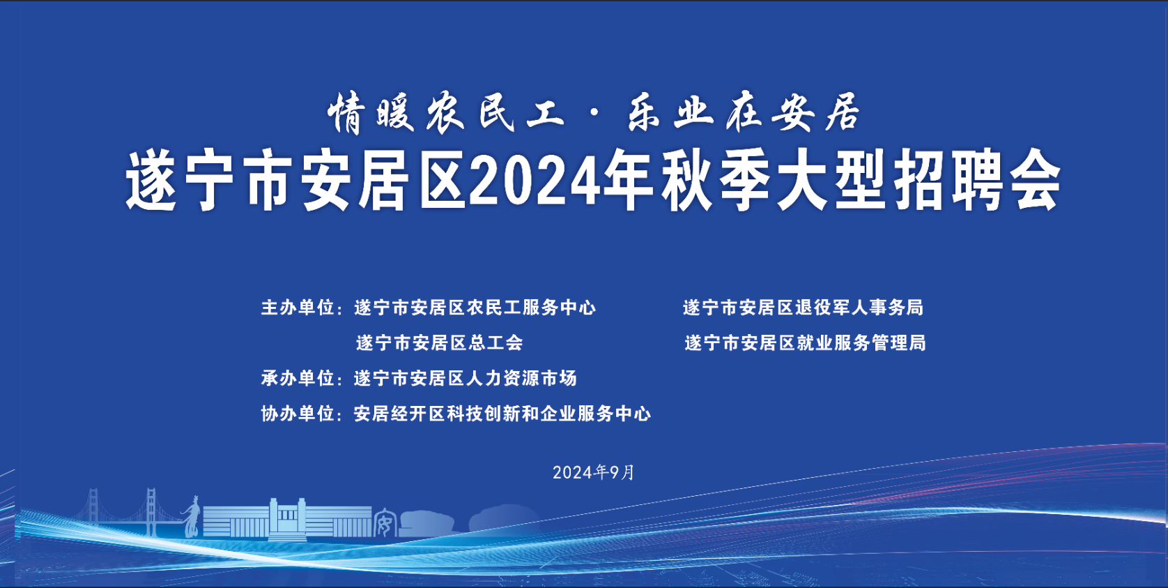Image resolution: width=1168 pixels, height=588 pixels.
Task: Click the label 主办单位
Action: click(x=297, y=308)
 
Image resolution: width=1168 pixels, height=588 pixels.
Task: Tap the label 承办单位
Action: click(x=297, y=378)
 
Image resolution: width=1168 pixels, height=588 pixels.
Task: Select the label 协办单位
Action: click(x=297, y=414)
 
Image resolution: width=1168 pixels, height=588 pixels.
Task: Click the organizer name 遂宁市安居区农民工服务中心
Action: click(x=475, y=308)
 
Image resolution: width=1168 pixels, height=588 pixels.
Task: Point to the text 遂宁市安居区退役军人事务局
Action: click(x=803, y=308)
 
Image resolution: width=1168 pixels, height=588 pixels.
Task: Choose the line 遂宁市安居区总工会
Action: click(x=440, y=342)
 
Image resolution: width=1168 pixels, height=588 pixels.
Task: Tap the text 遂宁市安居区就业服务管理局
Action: click(x=805, y=342)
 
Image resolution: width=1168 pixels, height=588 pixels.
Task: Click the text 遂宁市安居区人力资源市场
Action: click(x=465, y=378)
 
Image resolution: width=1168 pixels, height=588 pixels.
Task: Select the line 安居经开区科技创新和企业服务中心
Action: click(x=502, y=414)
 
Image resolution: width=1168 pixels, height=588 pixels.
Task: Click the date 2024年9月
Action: click(x=593, y=472)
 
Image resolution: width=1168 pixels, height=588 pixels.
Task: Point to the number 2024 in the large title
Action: click(x=535, y=181)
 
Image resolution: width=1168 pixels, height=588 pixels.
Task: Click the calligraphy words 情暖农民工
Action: click(x=446, y=113)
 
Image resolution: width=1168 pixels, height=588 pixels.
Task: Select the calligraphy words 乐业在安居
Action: click(x=743, y=112)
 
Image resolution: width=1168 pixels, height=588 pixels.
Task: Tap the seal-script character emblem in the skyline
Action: click(x=385, y=522)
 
